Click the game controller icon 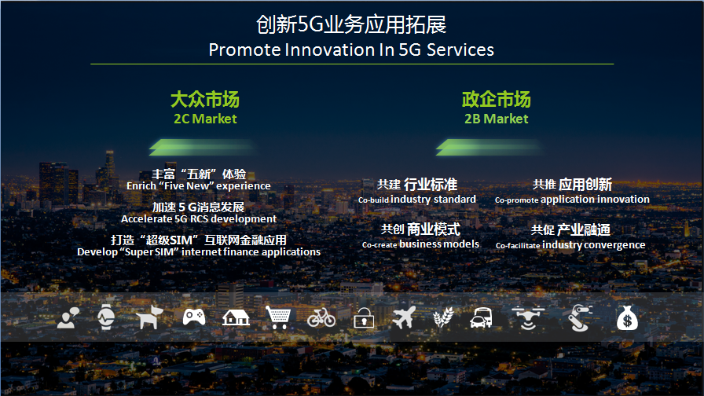click(x=194, y=317)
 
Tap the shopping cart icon click(x=278, y=317)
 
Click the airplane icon click(x=404, y=317)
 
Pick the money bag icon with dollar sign click(x=627, y=318)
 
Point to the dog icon click(x=149, y=317)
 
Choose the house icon click(x=236, y=317)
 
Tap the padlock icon click(x=364, y=318)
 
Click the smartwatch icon click(x=106, y=317)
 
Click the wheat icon click(x=443, y=317)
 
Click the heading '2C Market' click(x=205, y=119)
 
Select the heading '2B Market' click(x=496, y=119)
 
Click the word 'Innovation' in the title click(x=331, y=49)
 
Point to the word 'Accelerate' click(x=146, y=218)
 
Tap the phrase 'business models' click(x=439, y=244)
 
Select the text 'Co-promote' click(x=516, y=200)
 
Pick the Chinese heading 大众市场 click(x=205, y=99)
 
